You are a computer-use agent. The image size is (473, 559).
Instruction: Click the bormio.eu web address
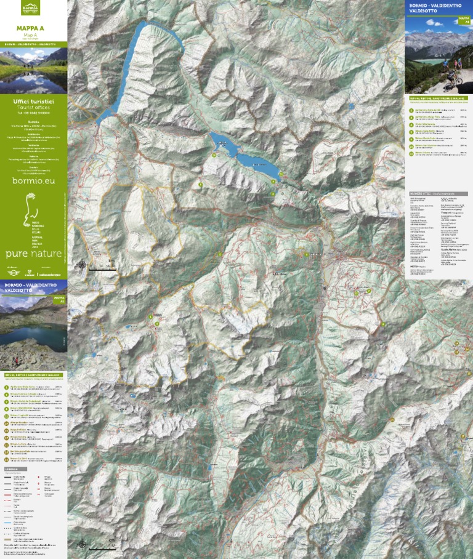(x=34, y=180)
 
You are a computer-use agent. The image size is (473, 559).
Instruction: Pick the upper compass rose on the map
(x=82, y=265)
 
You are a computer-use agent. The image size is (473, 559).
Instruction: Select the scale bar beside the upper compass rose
(x=102, y=268)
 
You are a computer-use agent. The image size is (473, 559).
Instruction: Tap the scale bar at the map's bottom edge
(x=102, y=547)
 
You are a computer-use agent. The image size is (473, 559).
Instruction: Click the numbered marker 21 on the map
(x=356, y=294)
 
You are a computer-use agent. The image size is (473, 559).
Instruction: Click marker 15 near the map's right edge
(x=457, y=344)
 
